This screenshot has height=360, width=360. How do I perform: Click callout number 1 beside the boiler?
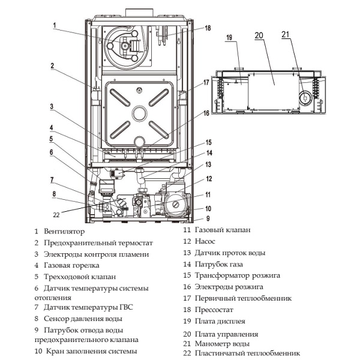coord(55,25)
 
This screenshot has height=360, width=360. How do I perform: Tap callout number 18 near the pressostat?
coord(208,28)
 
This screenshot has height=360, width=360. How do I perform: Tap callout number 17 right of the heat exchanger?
coord(206,82)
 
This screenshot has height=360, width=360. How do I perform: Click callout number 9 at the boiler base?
coord(209,218)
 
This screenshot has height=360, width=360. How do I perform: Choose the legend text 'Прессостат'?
coord(214,309)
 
